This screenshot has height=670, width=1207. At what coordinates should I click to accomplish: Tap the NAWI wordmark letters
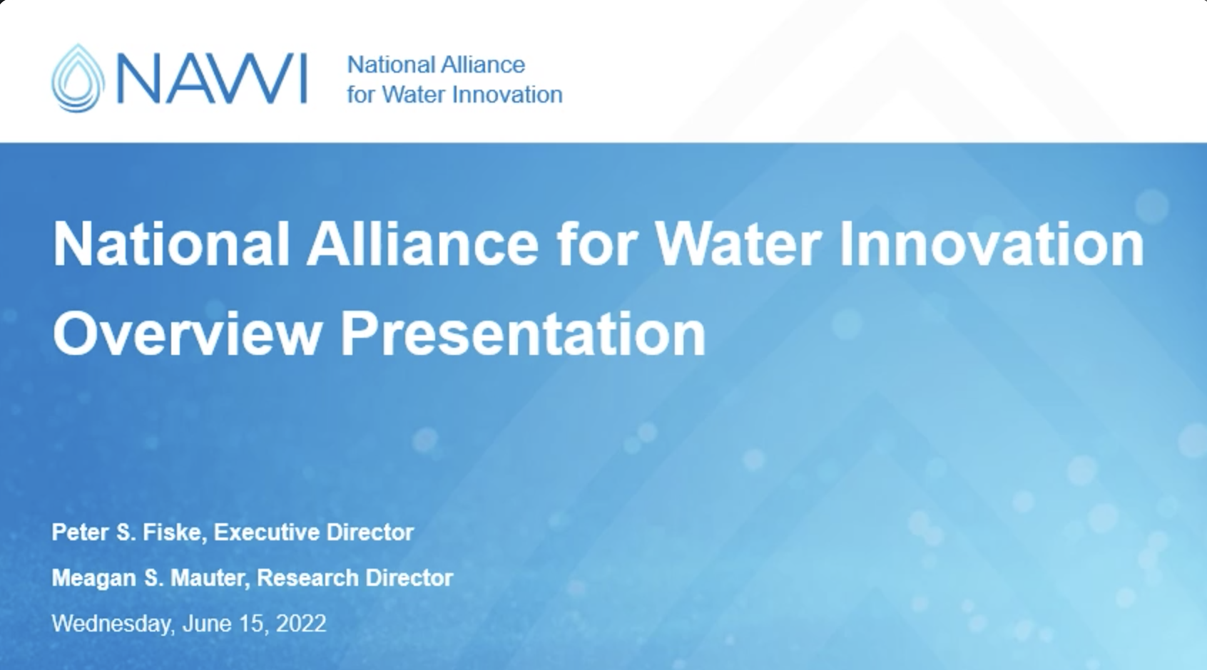pyautogui.click(x=212, y=78)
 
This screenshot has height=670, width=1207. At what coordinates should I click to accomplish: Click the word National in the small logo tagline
pyautogui.click(x=383, y=65)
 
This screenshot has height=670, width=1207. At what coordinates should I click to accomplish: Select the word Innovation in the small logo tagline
pyautogui.click(x=508, y=95)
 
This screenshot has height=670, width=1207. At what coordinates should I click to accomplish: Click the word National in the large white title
pyautogui.click(x=171, y=244)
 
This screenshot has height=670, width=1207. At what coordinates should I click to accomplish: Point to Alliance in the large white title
pyautogui.click(x=422, y=244)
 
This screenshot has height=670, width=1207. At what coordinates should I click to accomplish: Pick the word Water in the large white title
pyautogui.click(x=738, y=244)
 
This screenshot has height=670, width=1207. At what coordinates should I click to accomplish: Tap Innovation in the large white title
pyautogui.click(x=992, y=244)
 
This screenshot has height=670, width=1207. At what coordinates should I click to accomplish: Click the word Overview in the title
pyautogui.click(x=188, y=334)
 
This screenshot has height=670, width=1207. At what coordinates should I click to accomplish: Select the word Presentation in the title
pyautogui.click(x=523, y=334)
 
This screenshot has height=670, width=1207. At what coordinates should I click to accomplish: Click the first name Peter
pyautogui.click(x=81, y=532)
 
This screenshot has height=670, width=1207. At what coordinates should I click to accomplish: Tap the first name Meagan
pyautogui.click(x=93, y=579)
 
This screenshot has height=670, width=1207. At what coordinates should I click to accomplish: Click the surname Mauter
pyautogui.click(x=210, y=579)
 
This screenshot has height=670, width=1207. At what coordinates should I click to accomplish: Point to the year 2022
pyautogui.click(x=300, y=624)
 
